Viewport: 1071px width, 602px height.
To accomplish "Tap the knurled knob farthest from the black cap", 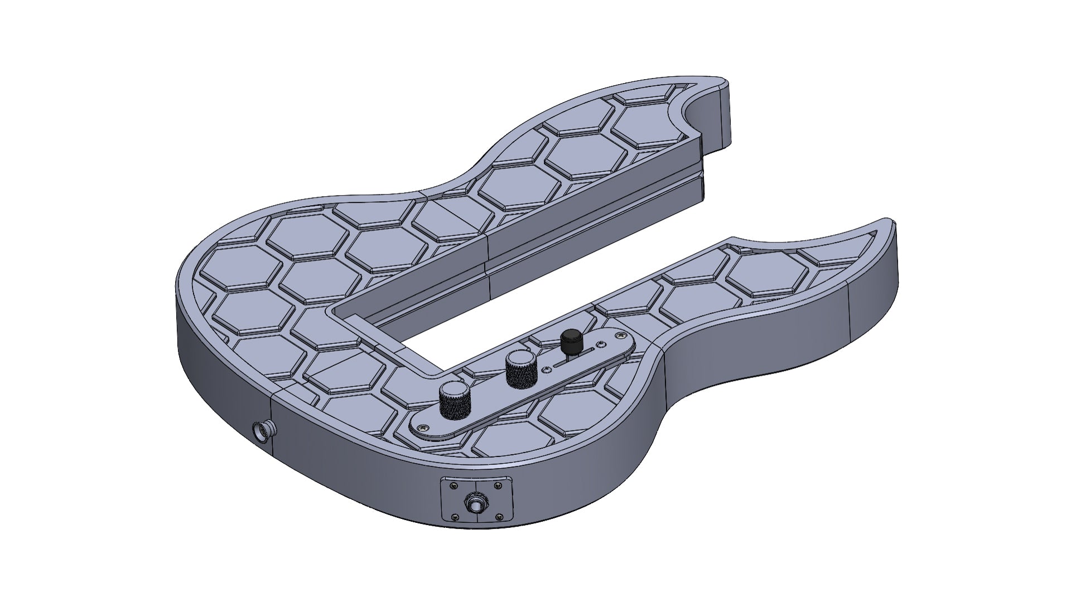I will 455,399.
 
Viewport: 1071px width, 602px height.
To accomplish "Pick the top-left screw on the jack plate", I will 454,486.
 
